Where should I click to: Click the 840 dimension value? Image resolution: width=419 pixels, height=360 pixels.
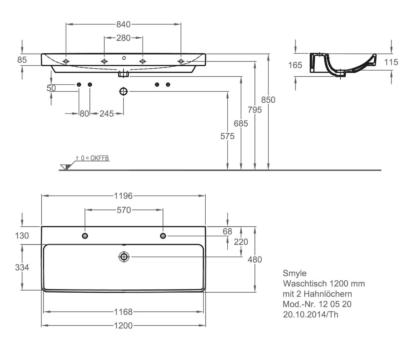pos(123,24)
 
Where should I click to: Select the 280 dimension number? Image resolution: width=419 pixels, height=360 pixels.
pos(123,38)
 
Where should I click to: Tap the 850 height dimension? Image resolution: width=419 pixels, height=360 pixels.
pos(268,100)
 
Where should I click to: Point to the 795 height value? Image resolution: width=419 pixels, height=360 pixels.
pos(255,110)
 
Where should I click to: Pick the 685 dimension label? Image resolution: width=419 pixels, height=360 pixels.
pos(241,124)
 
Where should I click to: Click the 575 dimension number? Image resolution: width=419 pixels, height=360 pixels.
pos(227,136)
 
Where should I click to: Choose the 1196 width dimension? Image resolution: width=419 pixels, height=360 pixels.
pos(123,196)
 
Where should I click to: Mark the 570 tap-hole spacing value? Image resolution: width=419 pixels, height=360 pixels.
pos(124,210)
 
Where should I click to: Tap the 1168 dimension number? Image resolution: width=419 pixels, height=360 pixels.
pos(123,312)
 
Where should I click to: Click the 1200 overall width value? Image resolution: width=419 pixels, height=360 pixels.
pos(123,325)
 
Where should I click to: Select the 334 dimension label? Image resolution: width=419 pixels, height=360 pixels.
pos(22,267)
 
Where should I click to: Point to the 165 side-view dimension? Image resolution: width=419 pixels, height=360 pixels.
pos(295,65)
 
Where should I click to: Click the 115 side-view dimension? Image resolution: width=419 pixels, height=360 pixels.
pos(391,62)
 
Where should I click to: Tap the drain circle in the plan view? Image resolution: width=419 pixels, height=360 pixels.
pos(124,257)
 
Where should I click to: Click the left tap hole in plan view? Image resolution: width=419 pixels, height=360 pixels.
pos(85,236)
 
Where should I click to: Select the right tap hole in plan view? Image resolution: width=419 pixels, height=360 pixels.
pos(163,236)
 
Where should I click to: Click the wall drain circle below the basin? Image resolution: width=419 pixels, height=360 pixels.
pos(124,91)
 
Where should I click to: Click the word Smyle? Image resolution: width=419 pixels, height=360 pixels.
pos(295,273)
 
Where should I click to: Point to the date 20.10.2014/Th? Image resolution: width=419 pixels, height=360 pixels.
pos(310,315)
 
